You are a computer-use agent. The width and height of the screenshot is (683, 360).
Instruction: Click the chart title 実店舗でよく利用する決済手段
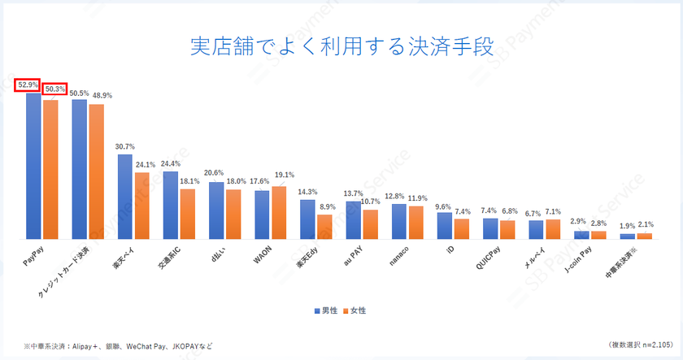(341, 46)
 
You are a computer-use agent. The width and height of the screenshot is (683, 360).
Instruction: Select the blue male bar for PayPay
(33, 166)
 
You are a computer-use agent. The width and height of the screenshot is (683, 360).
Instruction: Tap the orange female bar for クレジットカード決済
(97, 171)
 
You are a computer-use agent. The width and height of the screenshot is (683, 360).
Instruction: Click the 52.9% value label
(27, 84)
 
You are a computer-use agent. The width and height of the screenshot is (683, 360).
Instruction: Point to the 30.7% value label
(124, 146)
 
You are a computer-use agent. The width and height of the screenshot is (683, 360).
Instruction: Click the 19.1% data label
(285, 175)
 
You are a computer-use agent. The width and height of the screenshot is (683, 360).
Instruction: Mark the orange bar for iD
(461, 229)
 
